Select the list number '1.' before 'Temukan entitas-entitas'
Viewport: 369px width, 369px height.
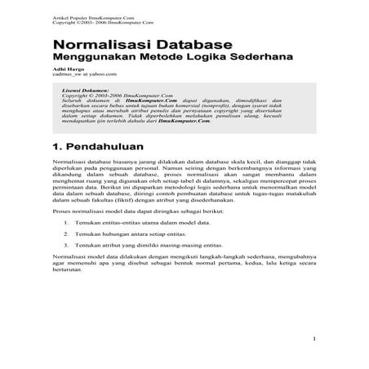click(65, 222)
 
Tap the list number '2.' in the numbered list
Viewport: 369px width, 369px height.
click(65, 233)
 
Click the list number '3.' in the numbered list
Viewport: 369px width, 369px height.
click(65, 245)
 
